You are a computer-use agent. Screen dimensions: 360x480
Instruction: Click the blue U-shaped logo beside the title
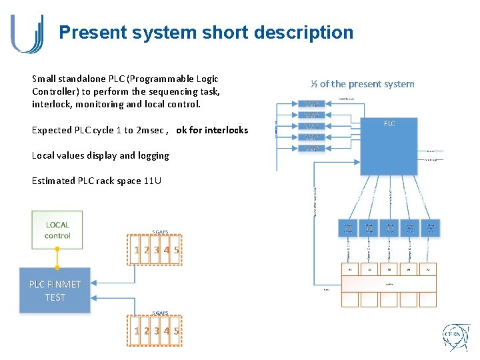point(27,33)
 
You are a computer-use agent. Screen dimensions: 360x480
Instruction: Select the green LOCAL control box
point(57,230)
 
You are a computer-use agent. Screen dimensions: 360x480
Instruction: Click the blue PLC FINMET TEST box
point(55,291)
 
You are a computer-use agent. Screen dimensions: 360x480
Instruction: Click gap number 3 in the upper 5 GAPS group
point(156,251)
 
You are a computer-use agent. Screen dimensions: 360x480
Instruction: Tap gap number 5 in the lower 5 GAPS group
point(177,331)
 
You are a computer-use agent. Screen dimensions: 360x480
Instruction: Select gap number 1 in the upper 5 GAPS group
point(137,251)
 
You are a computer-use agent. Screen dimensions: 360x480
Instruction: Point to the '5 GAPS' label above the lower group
point(159,313)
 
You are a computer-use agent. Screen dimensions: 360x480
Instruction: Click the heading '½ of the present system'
point(362,84)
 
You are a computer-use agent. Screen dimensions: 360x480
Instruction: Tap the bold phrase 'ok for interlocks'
point(212,130)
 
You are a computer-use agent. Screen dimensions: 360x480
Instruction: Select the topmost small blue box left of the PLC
point(315,104)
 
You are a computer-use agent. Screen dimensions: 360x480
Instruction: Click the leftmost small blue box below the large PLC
point(348,229)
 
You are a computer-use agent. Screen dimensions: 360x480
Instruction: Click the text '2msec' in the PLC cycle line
point(150,130)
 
